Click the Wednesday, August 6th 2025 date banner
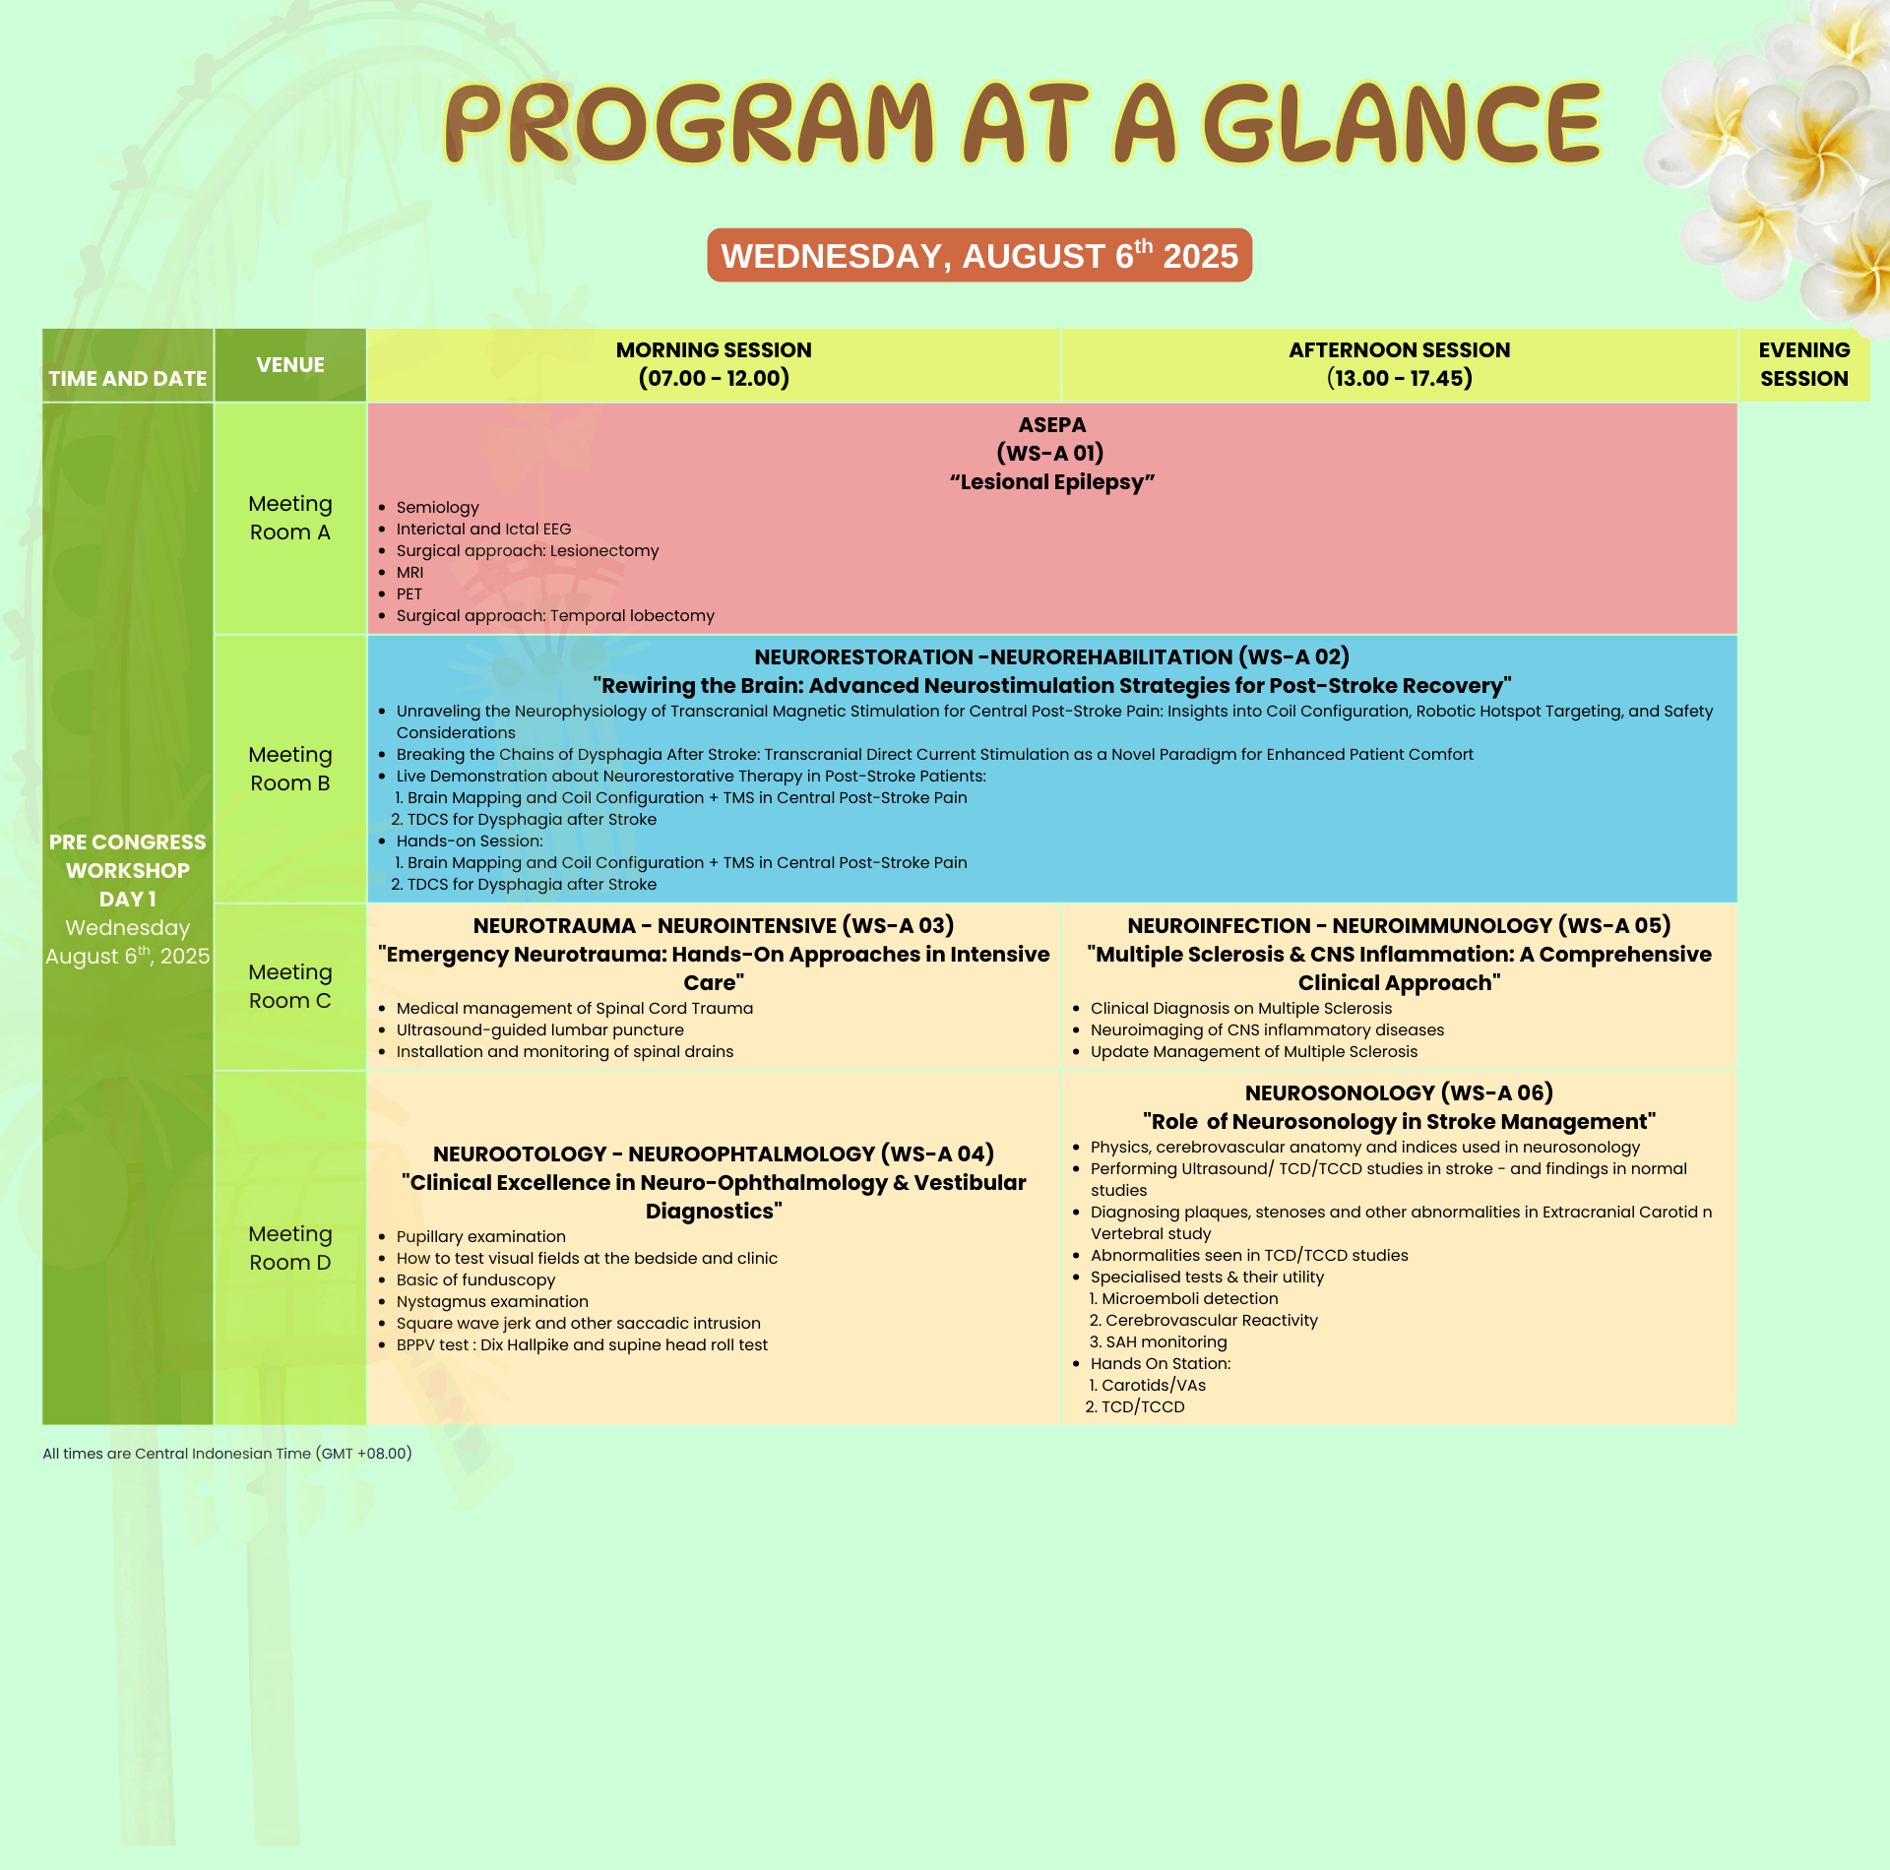click(x=979, y=256)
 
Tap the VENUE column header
click(x=290, y=365)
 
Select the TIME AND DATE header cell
click(x=128, y=365)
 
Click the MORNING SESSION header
click(x=714, y=364)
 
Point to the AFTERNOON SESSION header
click(x=1399, y=364)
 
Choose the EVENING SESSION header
click(x=1803, y=364)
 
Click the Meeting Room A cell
click(x=290, y=518)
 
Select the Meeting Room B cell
click(x=290, y=769)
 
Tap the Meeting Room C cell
click(x=290, y=986)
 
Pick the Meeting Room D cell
click(x=290, y=1248)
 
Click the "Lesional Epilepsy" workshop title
click(x=1052, y=482)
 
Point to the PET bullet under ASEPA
click(x=409, y=594)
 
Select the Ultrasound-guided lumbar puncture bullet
click(x=539, y=1030)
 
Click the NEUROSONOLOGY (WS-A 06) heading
click(x=1399, y=1093)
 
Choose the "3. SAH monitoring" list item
click(x=1158, y=1342)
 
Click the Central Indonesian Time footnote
click(x=227, y=1454)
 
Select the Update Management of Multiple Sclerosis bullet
click(x=1253, y=1052)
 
